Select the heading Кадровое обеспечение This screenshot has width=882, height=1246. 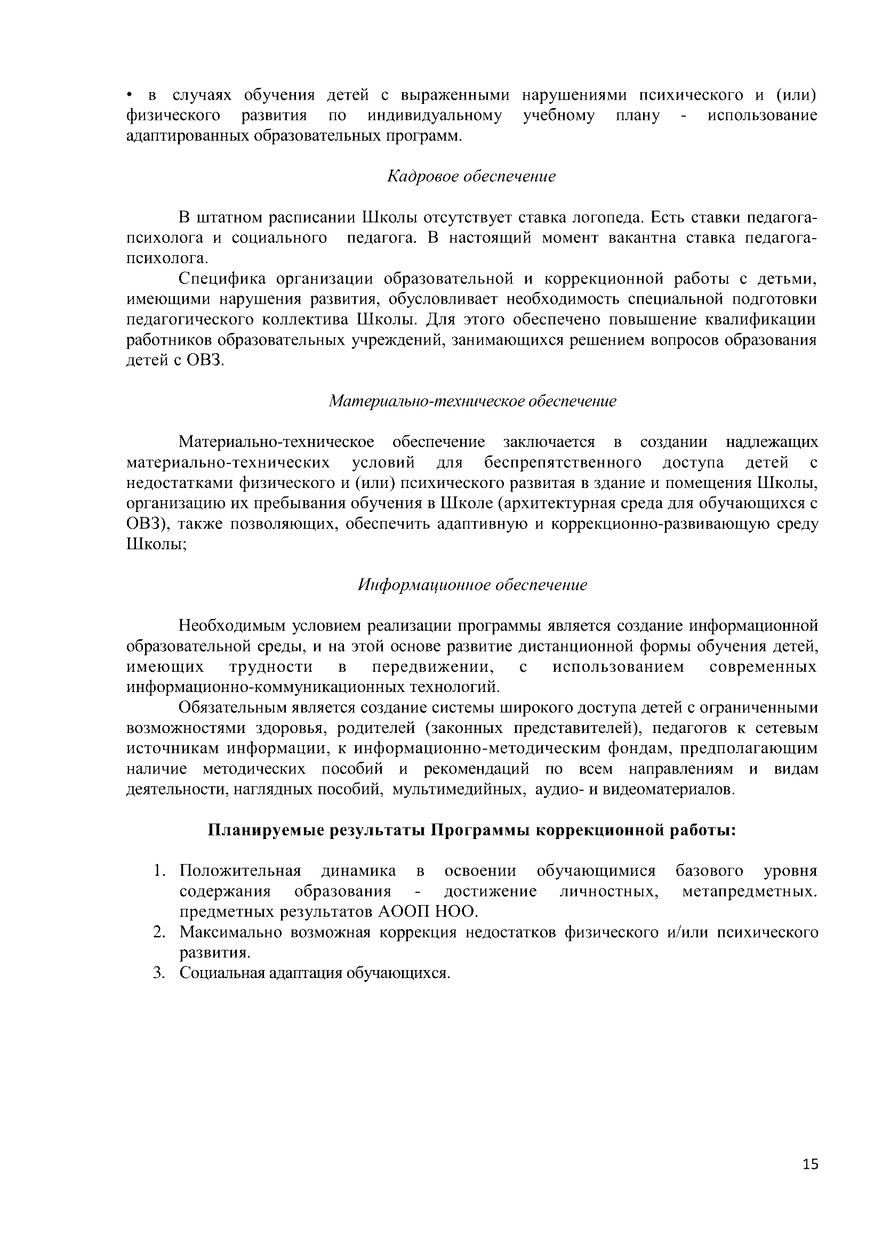click(471, 176)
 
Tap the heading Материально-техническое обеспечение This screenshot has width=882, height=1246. click(472, 401)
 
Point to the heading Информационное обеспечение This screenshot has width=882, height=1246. click(472, 585)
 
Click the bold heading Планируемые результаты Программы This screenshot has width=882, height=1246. click(472, 831)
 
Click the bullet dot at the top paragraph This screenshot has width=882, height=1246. click(130, 96)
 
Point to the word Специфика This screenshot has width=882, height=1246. click(223, 279)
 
